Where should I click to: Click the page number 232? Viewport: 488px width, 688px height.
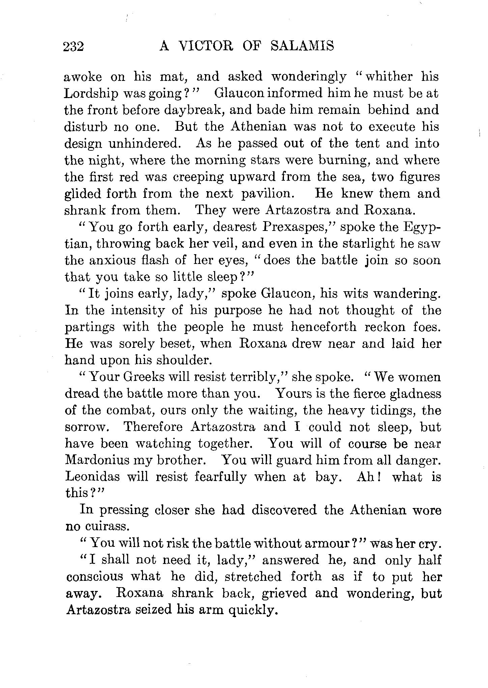74,47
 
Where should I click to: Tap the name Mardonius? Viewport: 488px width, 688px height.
95,460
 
